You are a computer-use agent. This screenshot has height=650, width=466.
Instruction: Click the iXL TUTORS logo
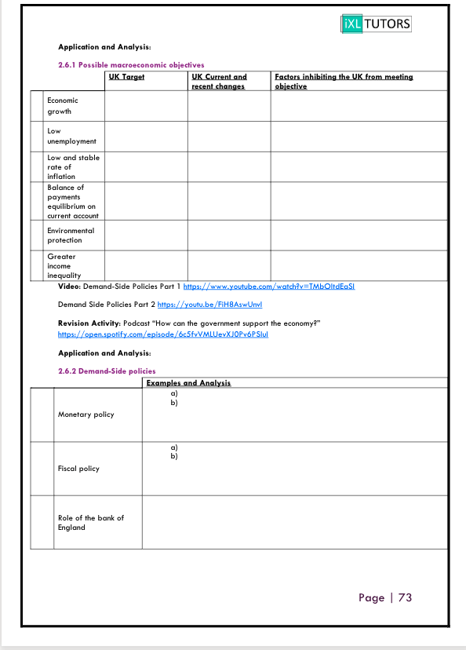click(x=377, y=24)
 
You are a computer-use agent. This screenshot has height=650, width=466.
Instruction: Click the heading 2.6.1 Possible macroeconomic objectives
click(x=131, y=64)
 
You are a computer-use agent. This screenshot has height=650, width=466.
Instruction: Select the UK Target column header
click(x=127, y=77)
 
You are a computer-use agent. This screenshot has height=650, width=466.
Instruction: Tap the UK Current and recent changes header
click(x=219, y=81)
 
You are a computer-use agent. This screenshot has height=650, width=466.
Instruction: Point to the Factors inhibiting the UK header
click(x=344, y=81)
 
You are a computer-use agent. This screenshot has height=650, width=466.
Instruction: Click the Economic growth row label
click(x=63, y=106)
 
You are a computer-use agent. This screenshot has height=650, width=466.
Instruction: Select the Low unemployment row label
click(x=71, y=136)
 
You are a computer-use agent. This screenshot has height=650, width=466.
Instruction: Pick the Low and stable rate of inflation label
click(x=73, y=166)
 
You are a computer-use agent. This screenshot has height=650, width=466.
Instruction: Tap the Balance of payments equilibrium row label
click(x=72, y=201)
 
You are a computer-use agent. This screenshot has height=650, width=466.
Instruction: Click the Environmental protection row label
click(x=71, y=236)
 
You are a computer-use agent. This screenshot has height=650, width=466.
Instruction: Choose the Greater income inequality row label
click(x=64, y=266)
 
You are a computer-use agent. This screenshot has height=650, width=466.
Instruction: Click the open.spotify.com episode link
click(x=162, y=334)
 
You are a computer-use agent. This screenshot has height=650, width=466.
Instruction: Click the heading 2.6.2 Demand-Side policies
click(x=107, y=371)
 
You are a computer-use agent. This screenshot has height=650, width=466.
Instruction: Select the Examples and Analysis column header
click(x=188, y=383)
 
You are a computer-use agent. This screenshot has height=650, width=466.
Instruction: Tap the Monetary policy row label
click(x=86, y=414)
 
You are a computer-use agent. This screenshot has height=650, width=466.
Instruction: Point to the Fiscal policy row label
click(x=78, y=469)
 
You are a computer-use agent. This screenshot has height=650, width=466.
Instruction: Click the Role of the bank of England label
click(x=90, y=523)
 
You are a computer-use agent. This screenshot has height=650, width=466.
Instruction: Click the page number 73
click(x=405, y=597)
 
